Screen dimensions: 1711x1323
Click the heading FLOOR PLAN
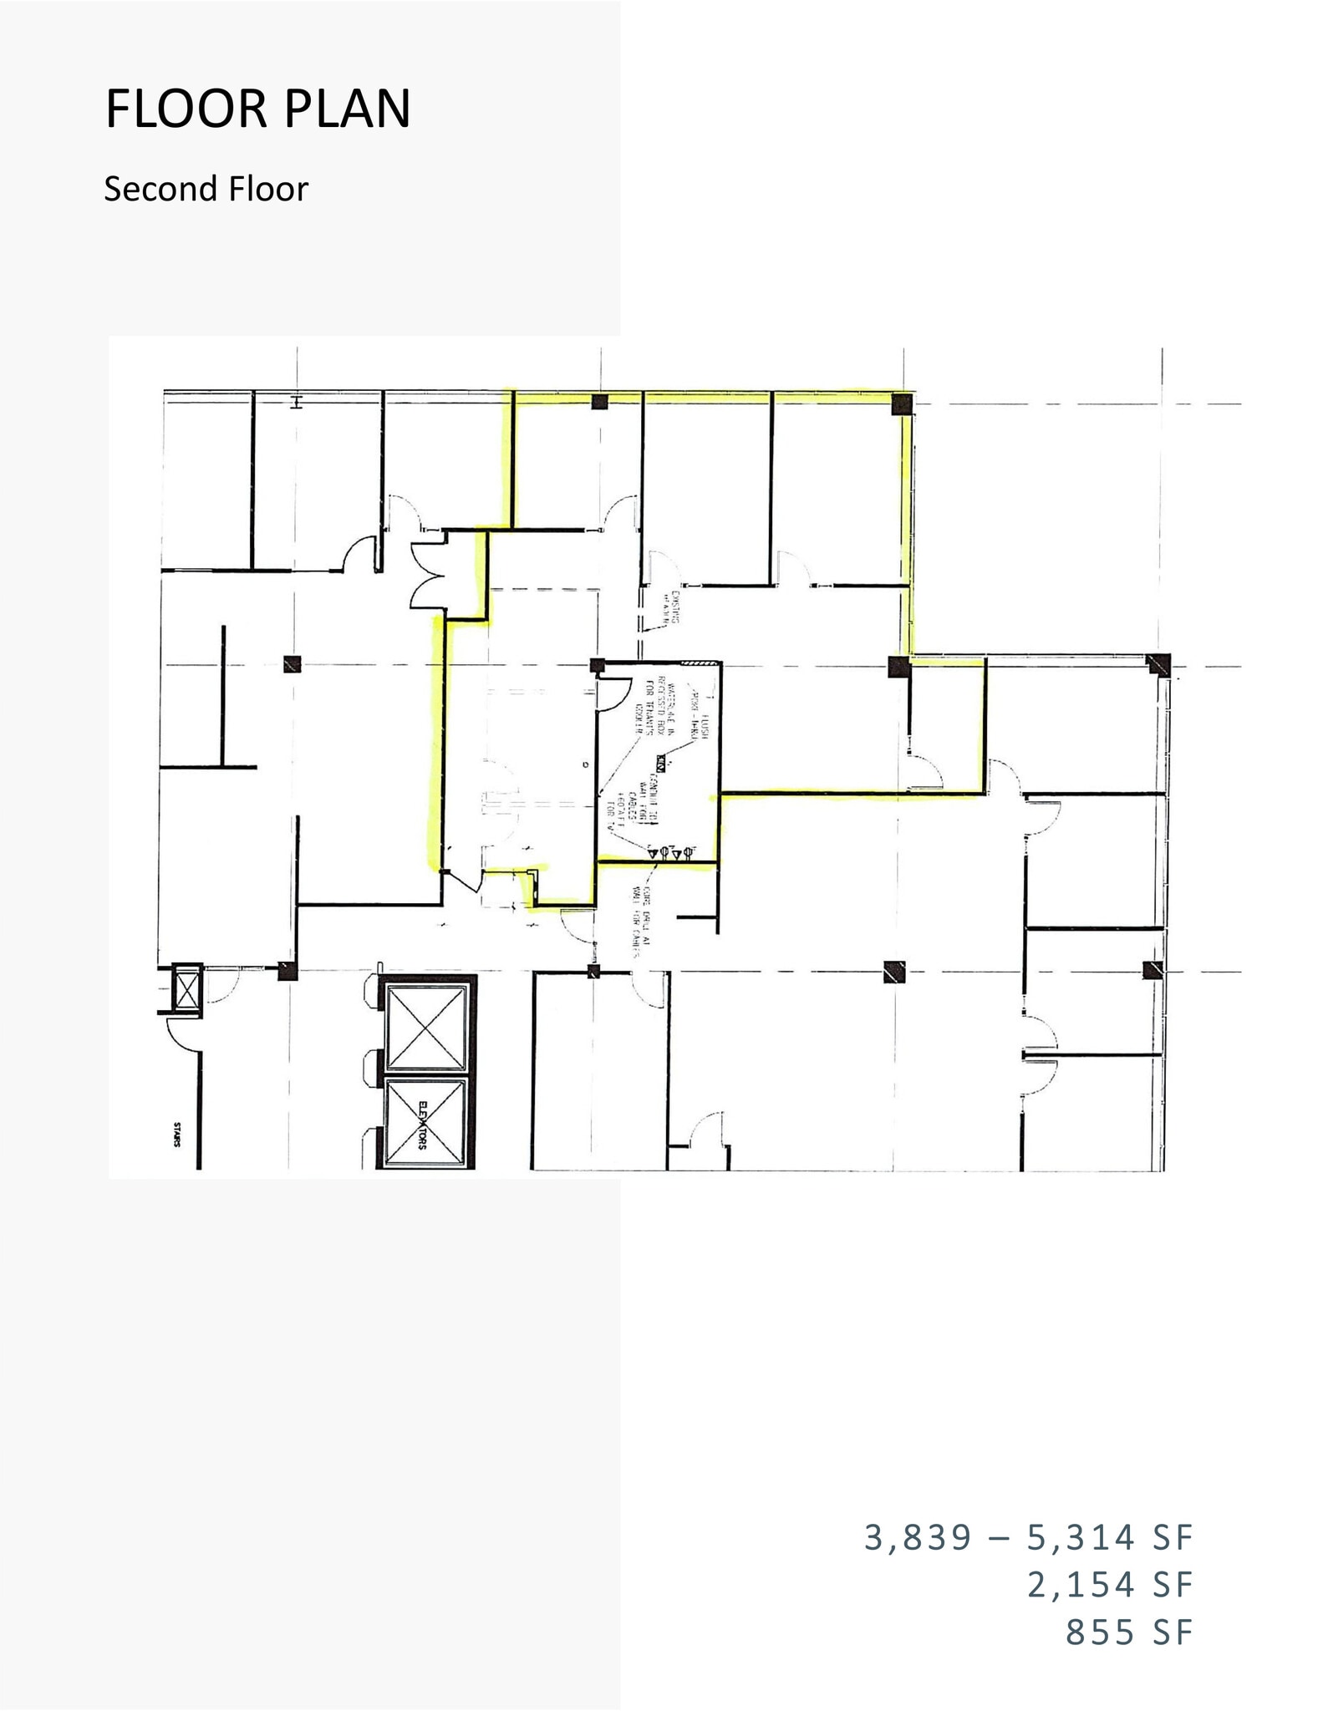[257, 109]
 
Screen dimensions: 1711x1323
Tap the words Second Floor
[206, 190]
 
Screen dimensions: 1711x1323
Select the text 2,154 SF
[1110, 1584]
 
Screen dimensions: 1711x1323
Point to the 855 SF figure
[1128, 1632]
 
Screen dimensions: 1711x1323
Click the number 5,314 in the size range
[1080, 1537]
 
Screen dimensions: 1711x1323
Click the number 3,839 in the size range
[918, 1537]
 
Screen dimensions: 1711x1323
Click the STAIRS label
[177, 1138]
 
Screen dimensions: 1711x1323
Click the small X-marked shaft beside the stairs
[186, 991]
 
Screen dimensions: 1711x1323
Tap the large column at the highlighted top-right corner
[902, 404]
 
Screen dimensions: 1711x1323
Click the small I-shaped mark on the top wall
[295, 403]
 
